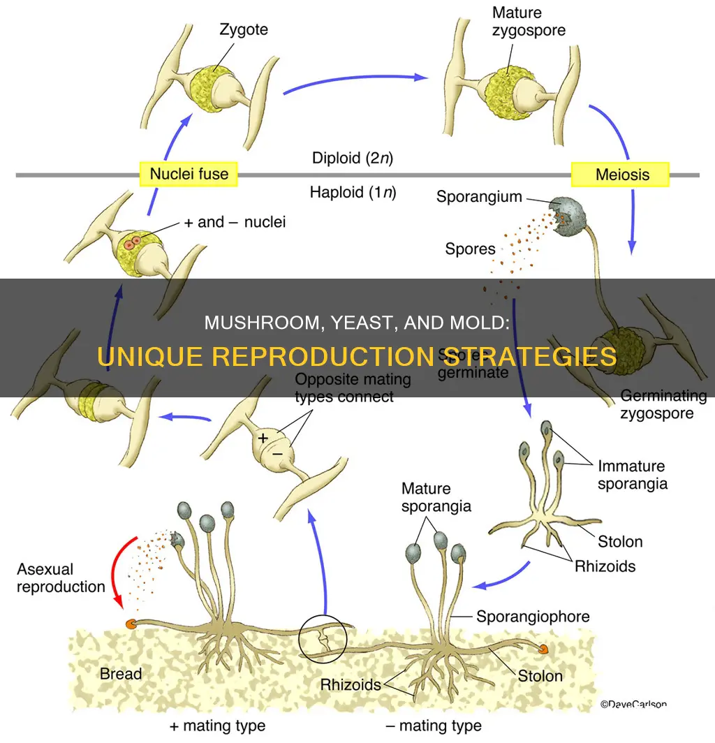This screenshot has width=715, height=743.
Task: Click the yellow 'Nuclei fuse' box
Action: click(x=188, y=174)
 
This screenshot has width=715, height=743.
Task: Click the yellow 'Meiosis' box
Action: click(x=620, y=175)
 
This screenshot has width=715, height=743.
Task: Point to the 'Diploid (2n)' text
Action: click(x=353, y=158)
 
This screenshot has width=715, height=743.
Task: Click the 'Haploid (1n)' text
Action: click(x=352, y=191)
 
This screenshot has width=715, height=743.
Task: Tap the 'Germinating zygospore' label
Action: click(x=663, y=404)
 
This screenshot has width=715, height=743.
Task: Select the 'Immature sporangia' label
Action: click(x=631, y=474)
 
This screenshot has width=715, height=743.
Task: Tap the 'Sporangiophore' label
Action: click(x=533, y=617)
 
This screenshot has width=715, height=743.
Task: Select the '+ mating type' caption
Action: click(x=217, y=726)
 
